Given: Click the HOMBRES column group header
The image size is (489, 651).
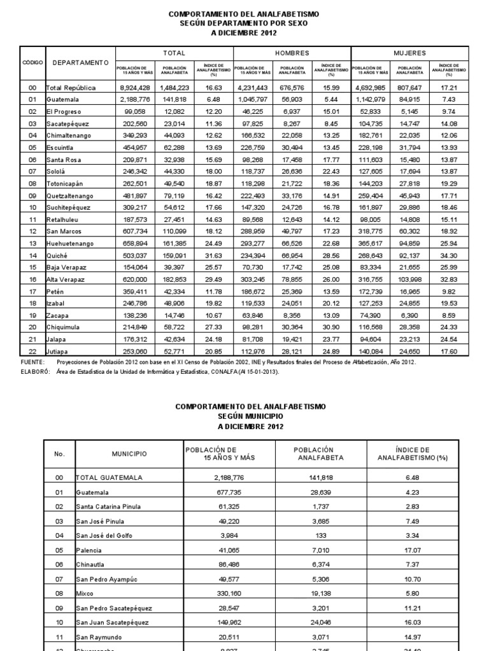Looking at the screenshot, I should point(292,53).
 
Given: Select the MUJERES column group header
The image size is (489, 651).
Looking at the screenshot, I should point(410,53).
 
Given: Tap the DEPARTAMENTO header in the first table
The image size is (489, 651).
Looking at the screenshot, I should point(80,62).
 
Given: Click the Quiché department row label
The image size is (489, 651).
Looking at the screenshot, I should point(56,256).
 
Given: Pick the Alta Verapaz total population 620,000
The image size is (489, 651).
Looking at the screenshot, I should point(136,280).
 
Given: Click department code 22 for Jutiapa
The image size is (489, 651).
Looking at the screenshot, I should point(32,350).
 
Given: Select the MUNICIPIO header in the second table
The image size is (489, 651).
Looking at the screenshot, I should point(129,454).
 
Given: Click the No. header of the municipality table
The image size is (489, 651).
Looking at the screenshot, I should point(60,454).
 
